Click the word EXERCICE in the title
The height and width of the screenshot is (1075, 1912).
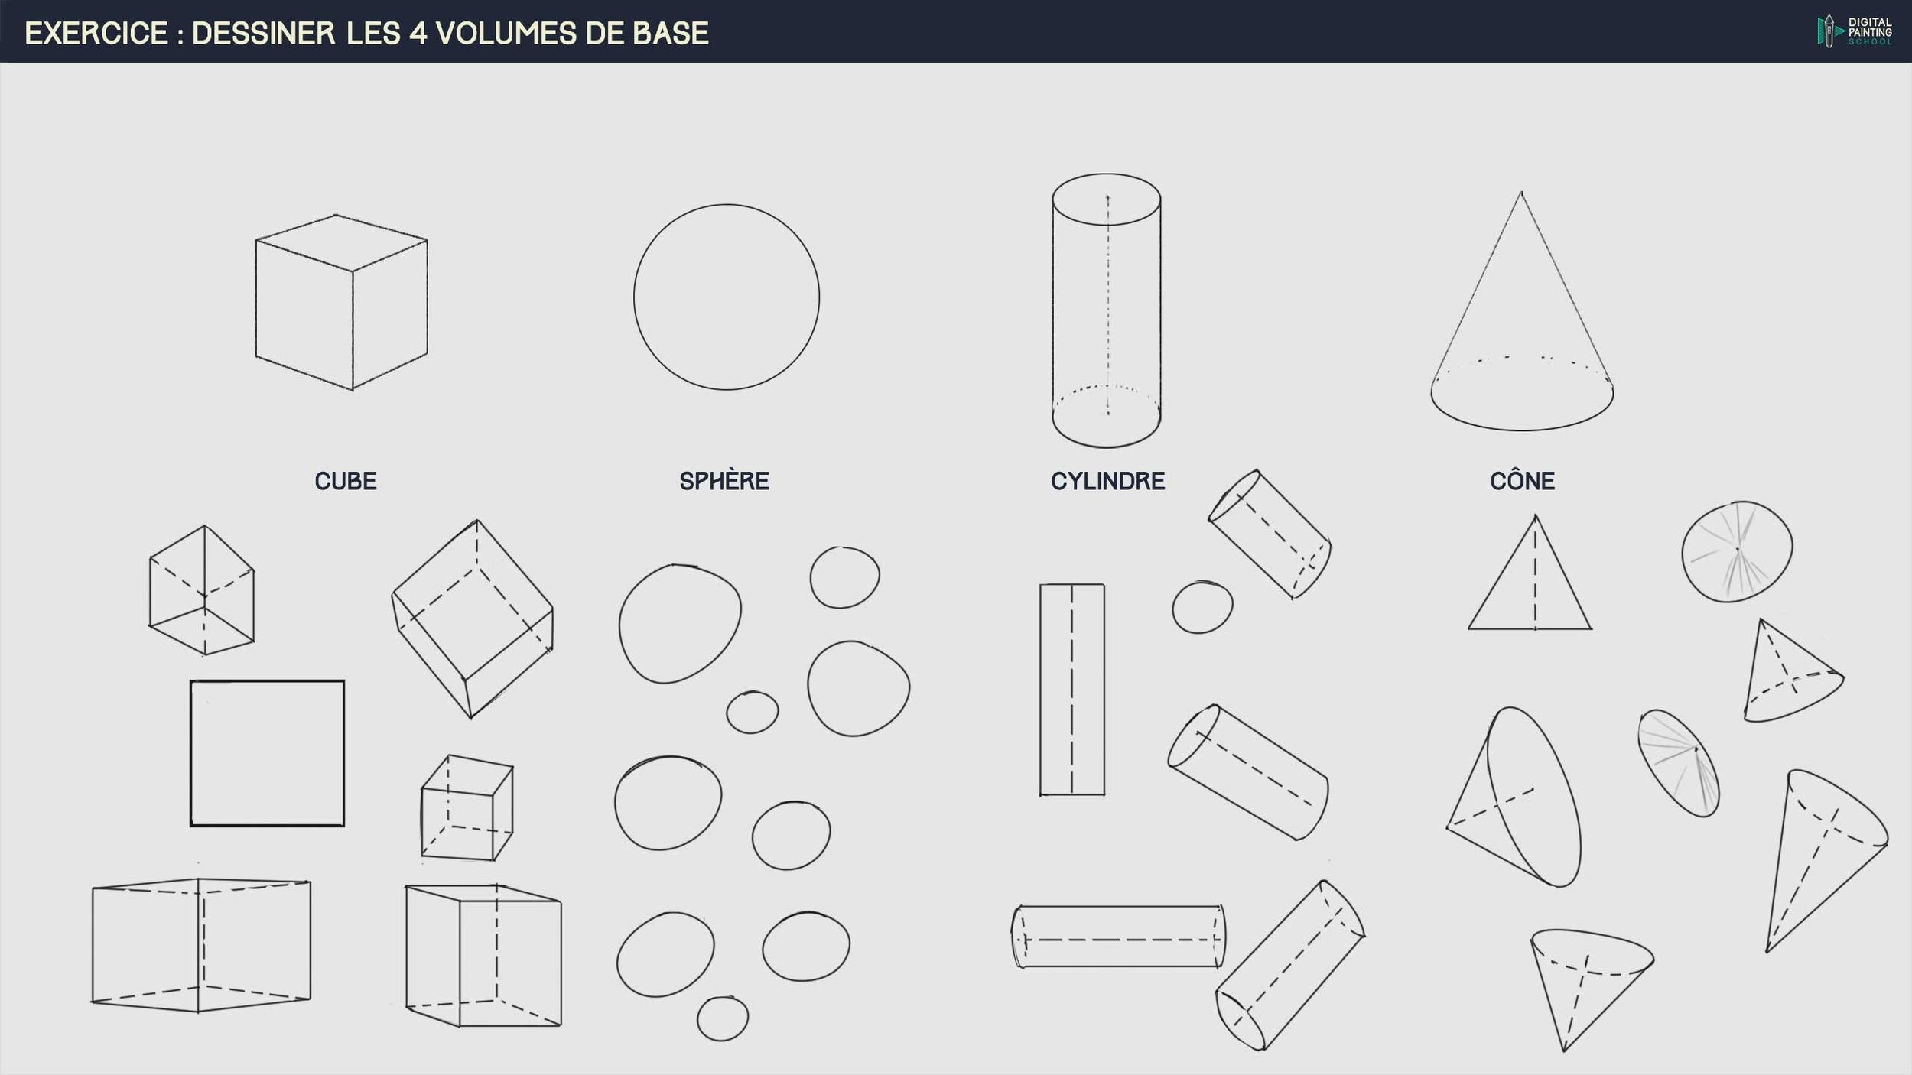[96, 34]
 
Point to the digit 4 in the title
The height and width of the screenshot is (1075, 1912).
[418, 34]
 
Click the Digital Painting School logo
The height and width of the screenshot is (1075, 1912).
[1854, 31]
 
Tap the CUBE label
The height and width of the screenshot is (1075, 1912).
[346, 481]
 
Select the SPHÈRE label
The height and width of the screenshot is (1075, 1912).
[724, 481]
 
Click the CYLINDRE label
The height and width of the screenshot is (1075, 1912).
[1107, 481]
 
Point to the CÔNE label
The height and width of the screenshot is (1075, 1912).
[1522, 481]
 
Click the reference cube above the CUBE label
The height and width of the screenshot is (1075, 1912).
[341, 303]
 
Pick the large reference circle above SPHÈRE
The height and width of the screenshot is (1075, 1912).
[727, 297]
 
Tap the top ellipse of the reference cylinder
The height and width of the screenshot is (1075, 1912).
[1107, 200]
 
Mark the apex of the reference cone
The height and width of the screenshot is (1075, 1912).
[1520, 193]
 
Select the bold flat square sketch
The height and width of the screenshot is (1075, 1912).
[267, 753]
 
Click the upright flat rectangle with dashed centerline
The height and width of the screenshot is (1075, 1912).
[1071, 690]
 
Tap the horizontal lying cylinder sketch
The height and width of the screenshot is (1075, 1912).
[1118, 937]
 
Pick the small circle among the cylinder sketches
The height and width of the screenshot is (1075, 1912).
[1202, 607]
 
